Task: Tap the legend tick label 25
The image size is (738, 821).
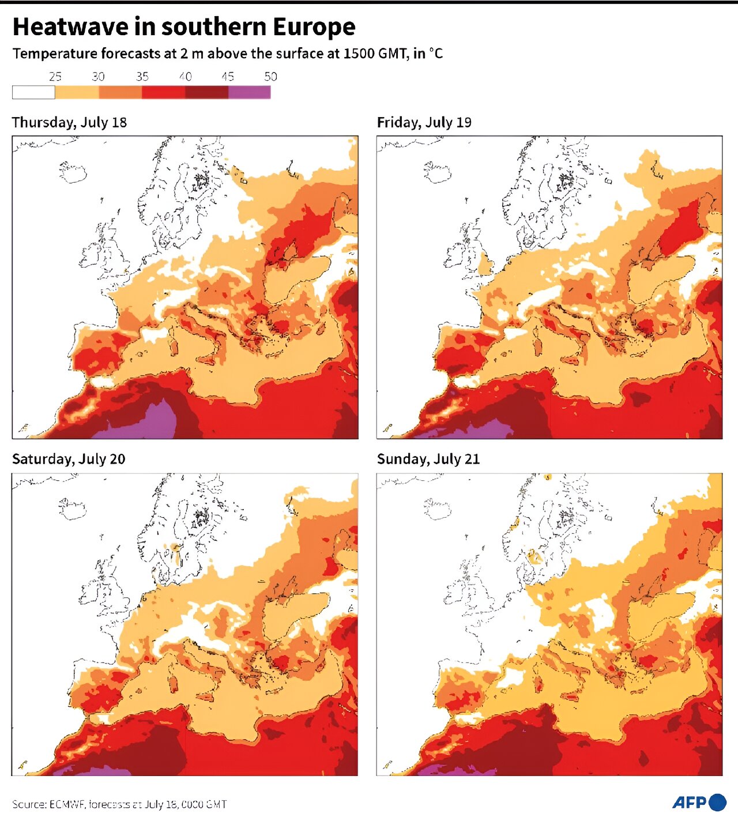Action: (x=55, y=77)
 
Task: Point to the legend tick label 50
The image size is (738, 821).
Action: (x=270, y=77)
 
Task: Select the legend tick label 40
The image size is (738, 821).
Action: (x=185, y=77)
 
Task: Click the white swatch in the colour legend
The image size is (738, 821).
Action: (x=33, y=92)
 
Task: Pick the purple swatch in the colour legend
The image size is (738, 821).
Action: (x=249, y=92)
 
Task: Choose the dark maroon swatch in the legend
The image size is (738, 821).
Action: (x=206, y=92)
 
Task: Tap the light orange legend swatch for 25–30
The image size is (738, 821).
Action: (x=77, y=92)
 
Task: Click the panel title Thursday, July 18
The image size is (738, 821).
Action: (x=69, y=122)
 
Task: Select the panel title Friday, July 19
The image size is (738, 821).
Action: (x=424, y=122)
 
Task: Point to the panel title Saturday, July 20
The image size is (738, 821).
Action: (x=69, y=459)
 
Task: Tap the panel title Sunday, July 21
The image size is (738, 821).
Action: (x=428, y=459)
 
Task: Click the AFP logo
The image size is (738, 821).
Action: (x=699, y=802)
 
